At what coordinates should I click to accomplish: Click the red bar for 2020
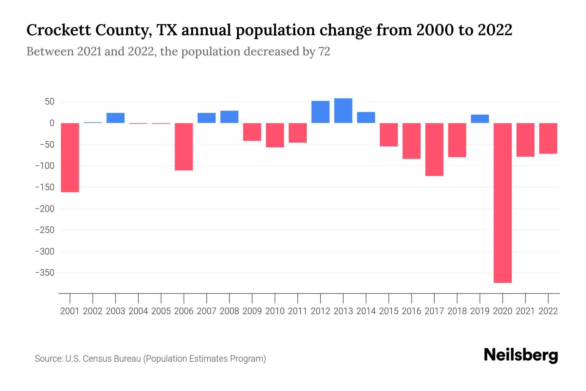pyautogui.click(x=503, y=203)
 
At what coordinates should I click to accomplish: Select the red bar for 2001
pyautogui.click(x=70, y=158)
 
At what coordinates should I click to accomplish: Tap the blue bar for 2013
pyautogui.click(x=343, y=111)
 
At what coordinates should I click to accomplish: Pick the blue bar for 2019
pyautogui.click(x=480, y=119)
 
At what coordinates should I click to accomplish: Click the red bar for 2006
pyautogui.click(x=184, y=147)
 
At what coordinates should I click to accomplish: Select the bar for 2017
pyautogui.click(x=434, y=150)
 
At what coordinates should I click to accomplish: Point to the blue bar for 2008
pyautogui.click(x=230, y=117)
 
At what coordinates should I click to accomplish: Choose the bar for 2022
pyautogui.click(x=548, y=138)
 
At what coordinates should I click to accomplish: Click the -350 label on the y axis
pyautogui.click(x=45, y=273)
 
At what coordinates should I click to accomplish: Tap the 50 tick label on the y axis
pyautogui.click(x=49, y=102)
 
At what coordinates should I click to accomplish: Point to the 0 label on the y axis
pyautogui.click(x=52, y=123)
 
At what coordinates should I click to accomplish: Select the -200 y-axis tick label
pyautogui.click(x=45, y=209)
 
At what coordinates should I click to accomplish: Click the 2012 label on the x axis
pyautogui.click(x=320, y=311)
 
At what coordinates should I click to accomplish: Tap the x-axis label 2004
pyautogui.click(x=138, y=311)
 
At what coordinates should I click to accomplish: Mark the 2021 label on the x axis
pyautogui.click(x=525, y=311)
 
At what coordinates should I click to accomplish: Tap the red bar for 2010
pyautogui.click(x=275, y=135)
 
